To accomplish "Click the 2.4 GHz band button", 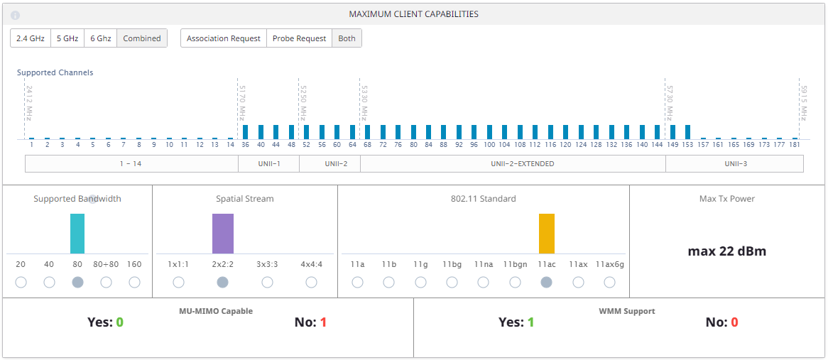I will click(x=31, y=38).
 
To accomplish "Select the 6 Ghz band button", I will click(x=100, y=38).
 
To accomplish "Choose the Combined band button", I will click(x=142, y=38).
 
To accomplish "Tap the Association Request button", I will click(x=224, y=38).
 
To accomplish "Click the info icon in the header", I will click(x=16, y=15).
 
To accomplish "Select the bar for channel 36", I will click(x=245, y=132).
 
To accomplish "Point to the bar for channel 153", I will click(x=687, y=132).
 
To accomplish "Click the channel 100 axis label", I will click(x=489, y=145).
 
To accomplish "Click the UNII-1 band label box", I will click(x=268, y=164).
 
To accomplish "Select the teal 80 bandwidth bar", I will click(x=77, y=234).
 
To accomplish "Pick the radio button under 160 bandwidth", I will click(x=134, y=282).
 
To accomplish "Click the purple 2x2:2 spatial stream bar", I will click(x=222, y=234).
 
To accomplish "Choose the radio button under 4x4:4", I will click(x=311, y=282).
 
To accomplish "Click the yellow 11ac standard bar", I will click(x=546, y=234).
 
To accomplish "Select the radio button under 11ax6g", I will click(x=609, y=282).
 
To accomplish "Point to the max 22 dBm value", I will click(x=726, y=251).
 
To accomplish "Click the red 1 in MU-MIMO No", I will click(x=323, y=322).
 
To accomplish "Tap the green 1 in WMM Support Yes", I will click(x=530, y=322).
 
